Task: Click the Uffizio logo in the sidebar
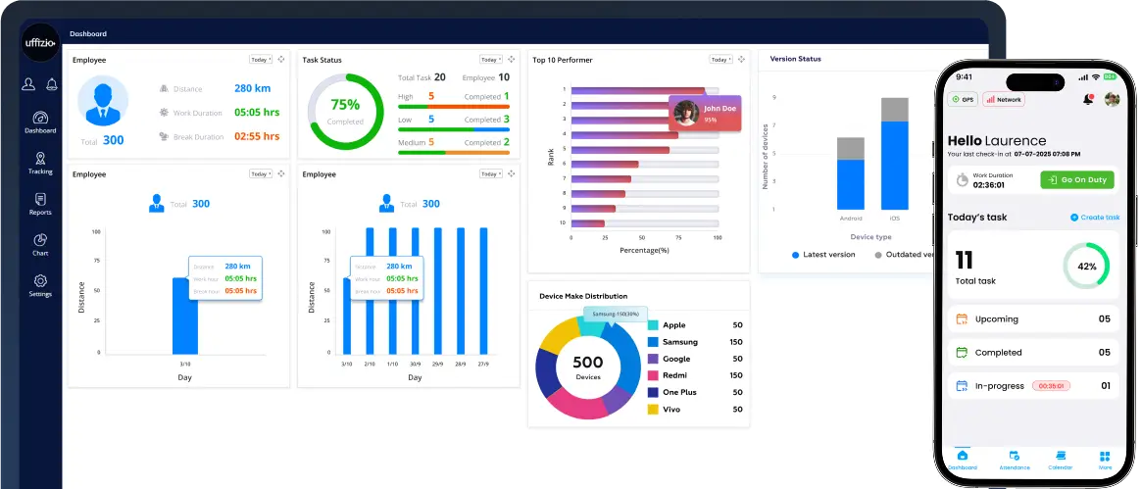(39, 41)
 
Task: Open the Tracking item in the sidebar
(40, 163)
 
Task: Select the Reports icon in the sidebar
(40, 204)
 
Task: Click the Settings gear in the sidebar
(40, 285)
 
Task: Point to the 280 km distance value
(252, 88)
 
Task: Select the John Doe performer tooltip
(704, 113)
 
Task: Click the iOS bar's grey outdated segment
(894, 109)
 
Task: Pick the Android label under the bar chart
(850, 219)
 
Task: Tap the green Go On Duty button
(1076, 180)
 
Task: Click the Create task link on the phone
(1095, 218)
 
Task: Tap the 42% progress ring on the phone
(1086, 266)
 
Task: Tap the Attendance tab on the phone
(1014, 461)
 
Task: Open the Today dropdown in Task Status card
(490, 60)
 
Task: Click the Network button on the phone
(1004, 99)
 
